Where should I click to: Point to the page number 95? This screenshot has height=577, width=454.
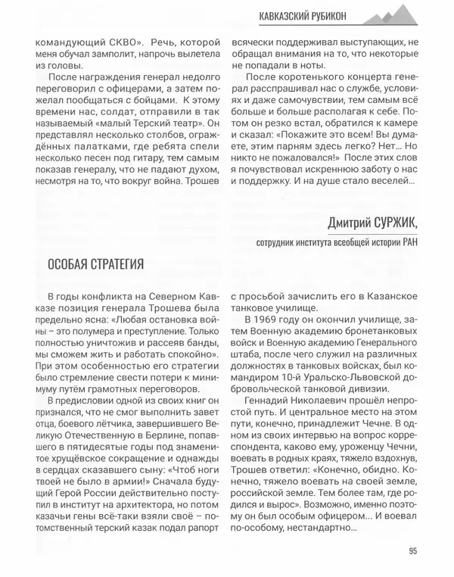pyautogui.click(x=412, y=551)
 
